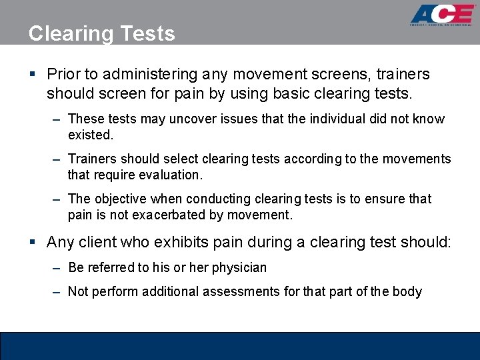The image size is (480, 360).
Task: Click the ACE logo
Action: [x=442, y=15]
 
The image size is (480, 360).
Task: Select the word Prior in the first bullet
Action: [x=63, y=74]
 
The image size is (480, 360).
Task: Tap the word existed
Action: [x=91, y=135]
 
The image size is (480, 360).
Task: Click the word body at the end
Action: [x=408, y=291]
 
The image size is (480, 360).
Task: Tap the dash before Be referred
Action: [x=58, y=268]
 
